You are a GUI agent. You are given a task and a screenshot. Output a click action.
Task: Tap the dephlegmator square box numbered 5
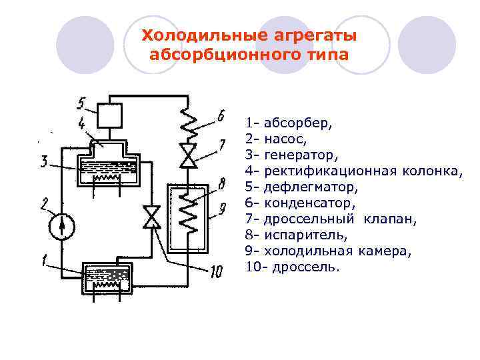[x=109, y=116]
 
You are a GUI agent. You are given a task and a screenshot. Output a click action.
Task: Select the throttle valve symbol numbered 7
[x=189, y=155]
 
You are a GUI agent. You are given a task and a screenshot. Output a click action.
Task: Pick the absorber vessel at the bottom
[x=104, y=279]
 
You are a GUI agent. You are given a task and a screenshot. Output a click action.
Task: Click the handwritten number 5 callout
[x=81, y=103]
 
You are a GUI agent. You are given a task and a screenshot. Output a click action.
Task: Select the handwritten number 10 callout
[x=217, y=271]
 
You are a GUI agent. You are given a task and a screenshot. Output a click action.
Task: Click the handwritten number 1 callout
[x=44, y=262]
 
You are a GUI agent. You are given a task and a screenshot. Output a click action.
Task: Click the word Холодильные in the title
[x=194, y=35]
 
